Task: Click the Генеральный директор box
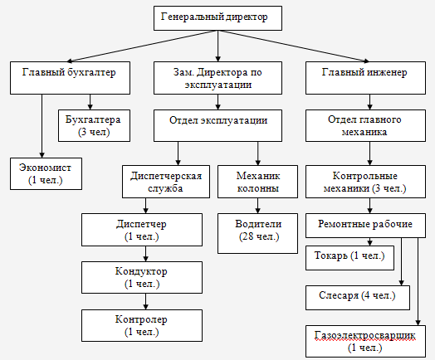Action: coord(218,17)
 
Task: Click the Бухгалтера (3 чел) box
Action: coord(93,126)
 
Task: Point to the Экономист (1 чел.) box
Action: coord(46,173)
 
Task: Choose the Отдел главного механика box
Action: coord(365,126)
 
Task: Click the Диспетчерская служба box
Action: coord(167,182)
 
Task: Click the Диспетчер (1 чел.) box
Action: coord(141,230)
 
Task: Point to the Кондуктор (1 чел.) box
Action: coord(141,277)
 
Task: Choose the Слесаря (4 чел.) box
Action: coord(357,294)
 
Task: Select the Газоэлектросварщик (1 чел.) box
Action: coord(364,341)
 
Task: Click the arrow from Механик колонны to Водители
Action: coord(258,204)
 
